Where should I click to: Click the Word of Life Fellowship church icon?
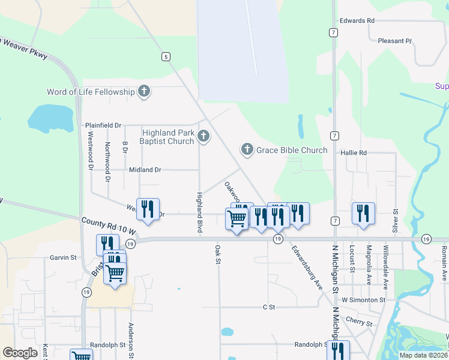[x=143, y=92]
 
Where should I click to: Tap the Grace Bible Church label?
[x=292, y=150]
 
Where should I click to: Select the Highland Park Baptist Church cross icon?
[x=203, y=136]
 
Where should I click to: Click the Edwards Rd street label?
[x=357, y=20]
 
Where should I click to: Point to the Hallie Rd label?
[x=354, y=153]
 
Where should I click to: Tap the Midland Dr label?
[x=145, y=170]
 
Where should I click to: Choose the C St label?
[x=269, y=307]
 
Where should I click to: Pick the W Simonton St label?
[x=363, y=299]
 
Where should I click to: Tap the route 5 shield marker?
[x=165, y=56]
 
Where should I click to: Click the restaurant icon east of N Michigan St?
[x=363, y=212]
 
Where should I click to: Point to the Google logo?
[x=20, y=352]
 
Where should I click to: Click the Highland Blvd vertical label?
[x=199, y=212]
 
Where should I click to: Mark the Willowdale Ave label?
[x=385, y=264]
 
